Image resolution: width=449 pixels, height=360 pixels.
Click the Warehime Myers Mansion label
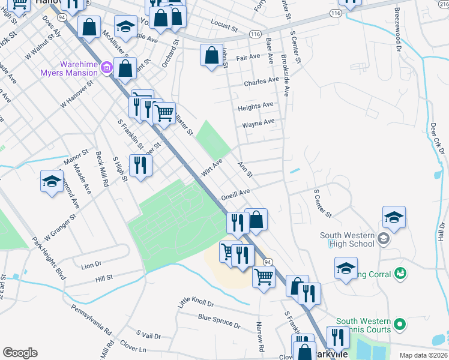point(78,68)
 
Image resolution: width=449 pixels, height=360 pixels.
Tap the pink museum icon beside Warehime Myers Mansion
point(107,67)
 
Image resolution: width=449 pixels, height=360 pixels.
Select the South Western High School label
point(347,240)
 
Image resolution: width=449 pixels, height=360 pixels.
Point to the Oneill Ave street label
point(235,193)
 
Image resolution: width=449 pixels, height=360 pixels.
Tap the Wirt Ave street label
point(212,167)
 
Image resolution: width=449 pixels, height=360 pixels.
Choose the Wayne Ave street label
point(258,124)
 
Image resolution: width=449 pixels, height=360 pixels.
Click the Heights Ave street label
point(255,106)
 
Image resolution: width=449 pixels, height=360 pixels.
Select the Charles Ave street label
point(261,80)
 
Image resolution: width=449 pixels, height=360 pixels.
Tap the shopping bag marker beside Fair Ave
point(211,56)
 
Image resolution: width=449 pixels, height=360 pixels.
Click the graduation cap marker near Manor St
point(52,181)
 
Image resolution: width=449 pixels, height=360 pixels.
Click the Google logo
point(20,353)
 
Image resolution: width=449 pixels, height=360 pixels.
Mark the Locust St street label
point(224,26)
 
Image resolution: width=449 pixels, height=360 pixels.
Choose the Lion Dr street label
point(91,264)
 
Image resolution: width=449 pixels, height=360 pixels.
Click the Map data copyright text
point(423,355)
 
